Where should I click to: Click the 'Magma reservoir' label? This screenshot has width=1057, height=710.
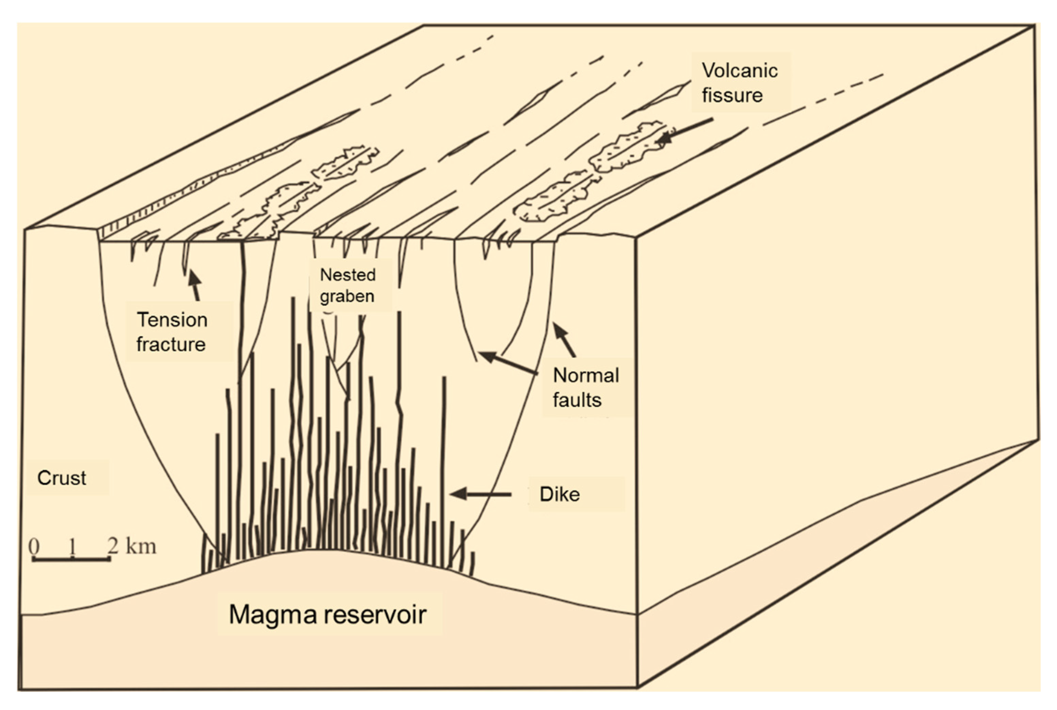click(x=328, y=615)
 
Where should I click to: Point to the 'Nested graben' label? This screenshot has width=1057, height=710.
click(x=347, y=285)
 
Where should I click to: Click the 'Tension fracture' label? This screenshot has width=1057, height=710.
click(x=172, y=332)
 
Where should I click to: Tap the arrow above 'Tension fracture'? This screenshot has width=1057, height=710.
click(x=195, y=285)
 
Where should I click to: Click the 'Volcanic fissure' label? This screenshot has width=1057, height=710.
click(x=739, y=83)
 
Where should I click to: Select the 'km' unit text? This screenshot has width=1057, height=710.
click(x=141, y=546)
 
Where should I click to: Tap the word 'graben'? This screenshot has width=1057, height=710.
click(x=347, y=297)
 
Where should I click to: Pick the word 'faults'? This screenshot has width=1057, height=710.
click(x=577, y=400)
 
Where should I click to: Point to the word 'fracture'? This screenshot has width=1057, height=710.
click(x=171, y=344)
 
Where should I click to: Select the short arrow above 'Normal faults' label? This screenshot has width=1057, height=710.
click(x=564, y=340)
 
